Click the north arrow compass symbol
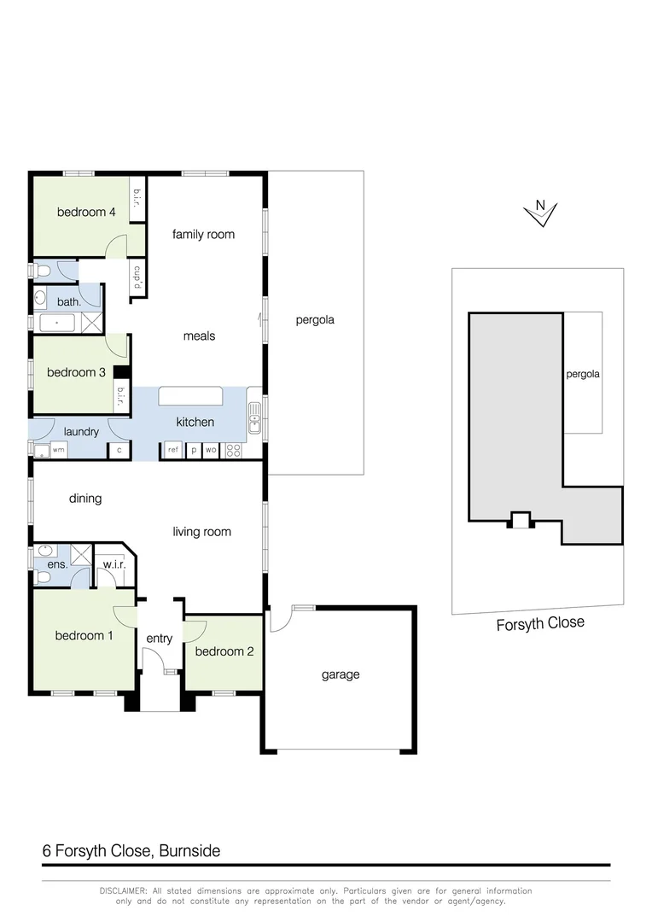click(540, 213)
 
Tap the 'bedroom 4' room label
click(86, 212)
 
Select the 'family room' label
click(203, 234)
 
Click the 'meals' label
click(199, 336)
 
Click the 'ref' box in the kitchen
click(172, 449)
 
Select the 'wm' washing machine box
click(58, 449)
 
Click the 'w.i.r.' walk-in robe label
click(114, 564)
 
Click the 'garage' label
click(340, 674)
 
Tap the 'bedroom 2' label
click(224, 651)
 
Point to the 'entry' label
click(160, 639)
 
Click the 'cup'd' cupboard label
click(136, 277)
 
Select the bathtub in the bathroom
click(57, 324)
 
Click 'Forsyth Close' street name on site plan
click(540, 624)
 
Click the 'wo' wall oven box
click(211, 449)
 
